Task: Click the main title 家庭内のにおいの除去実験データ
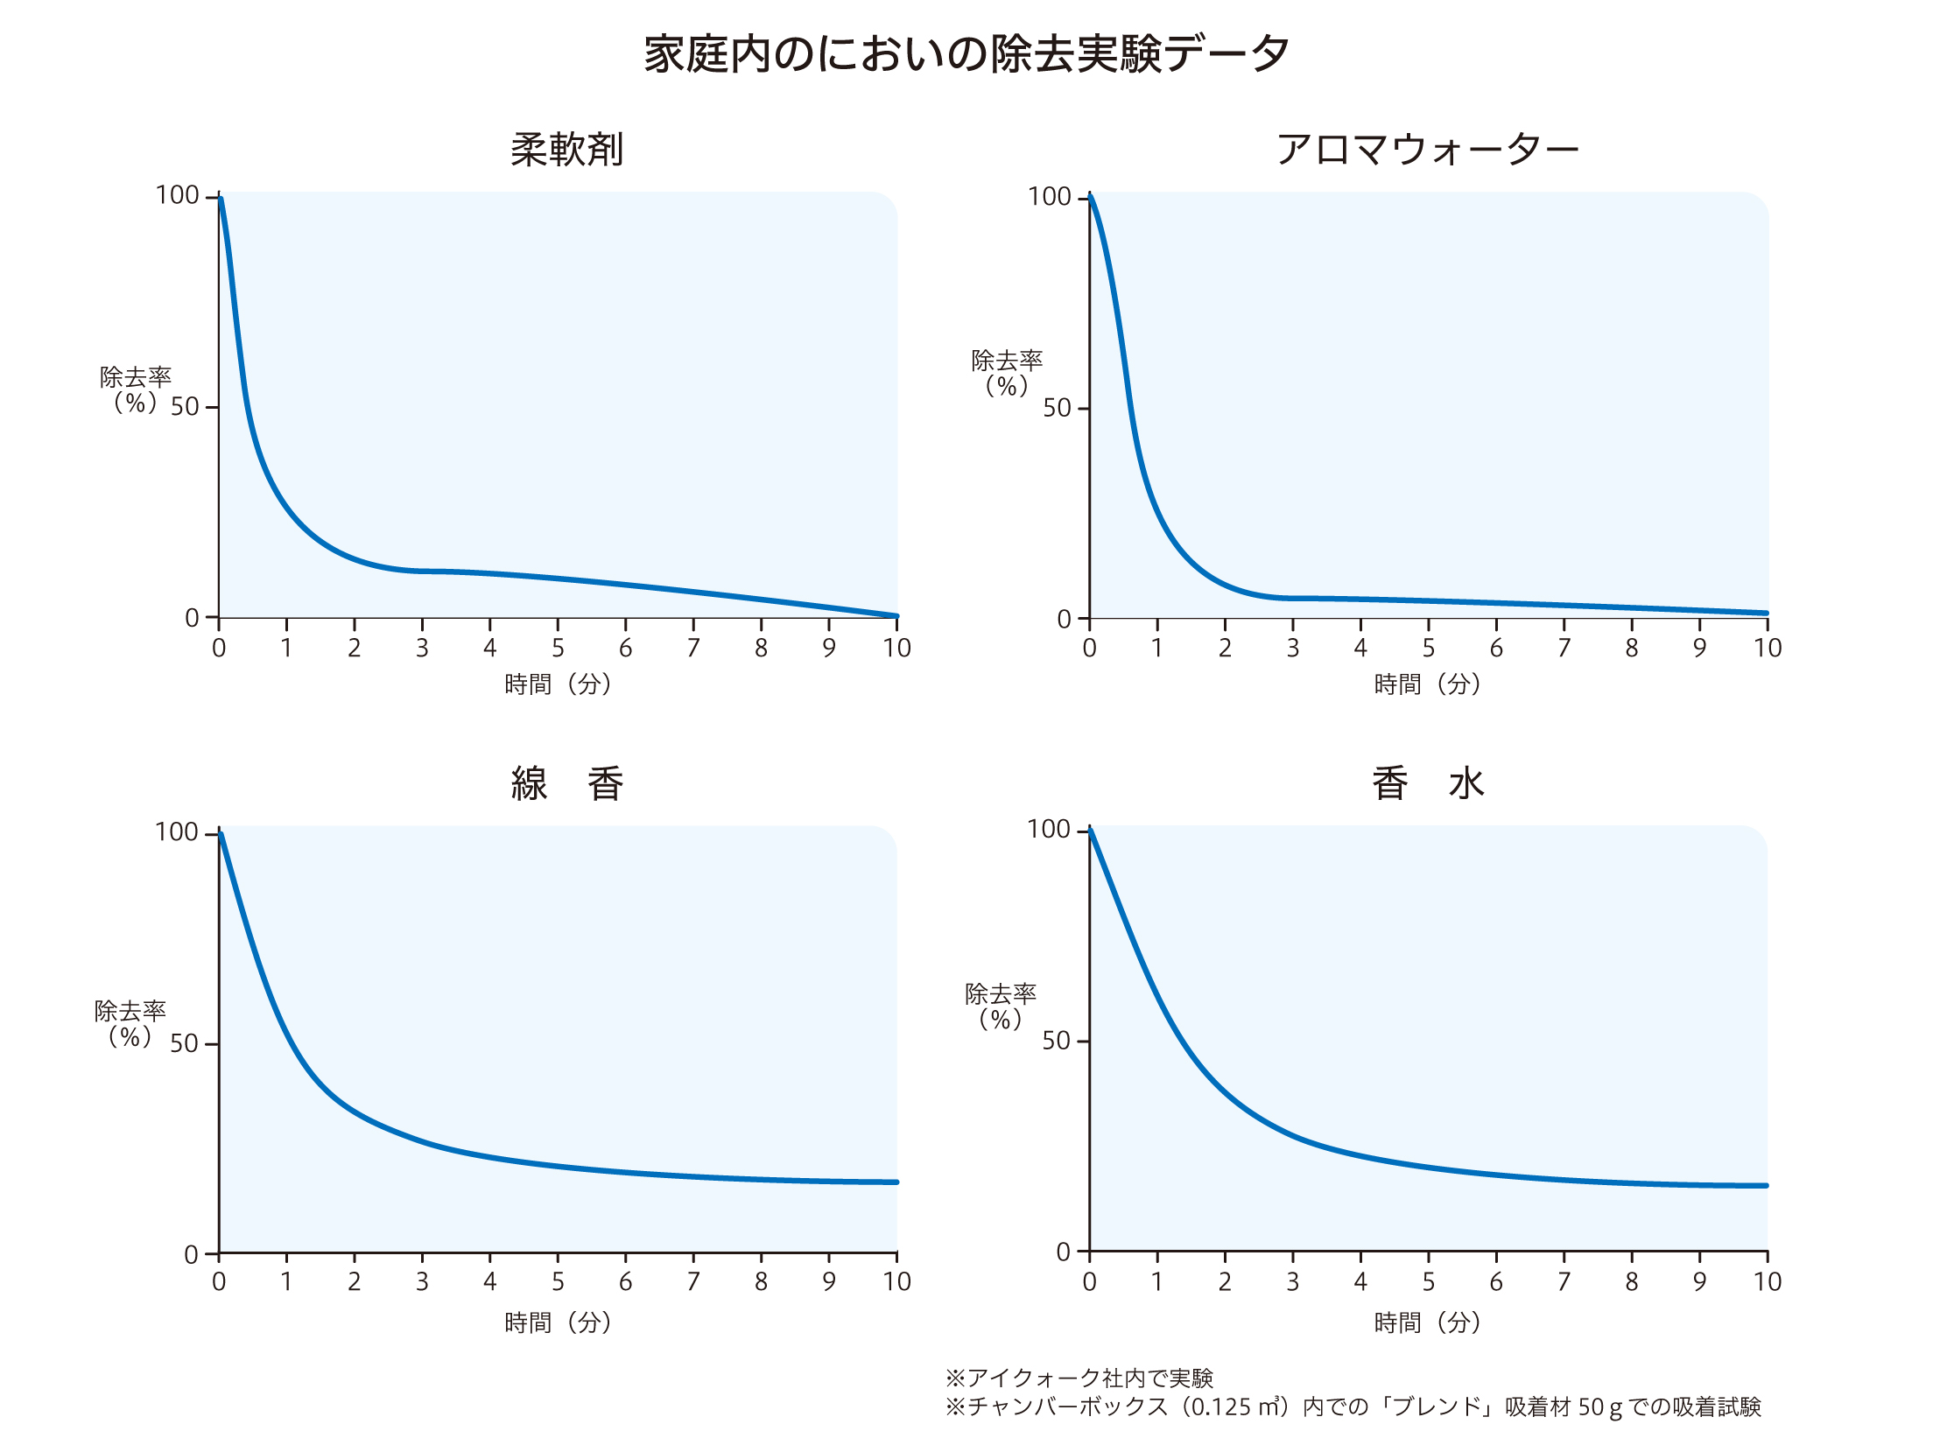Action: point(966,54)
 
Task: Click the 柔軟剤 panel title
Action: point(567,150)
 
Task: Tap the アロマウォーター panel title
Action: point(1428,150)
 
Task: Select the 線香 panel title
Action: point(567,783)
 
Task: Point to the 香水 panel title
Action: point(1428,783)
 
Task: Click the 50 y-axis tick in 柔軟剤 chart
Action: point(185,407)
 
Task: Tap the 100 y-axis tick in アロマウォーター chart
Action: point(1049,197)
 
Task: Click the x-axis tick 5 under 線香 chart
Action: point(558,1282)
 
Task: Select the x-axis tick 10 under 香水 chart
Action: point(1767,1282)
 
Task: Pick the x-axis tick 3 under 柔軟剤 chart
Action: point(422,649)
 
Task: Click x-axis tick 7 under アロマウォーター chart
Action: point(1564,649)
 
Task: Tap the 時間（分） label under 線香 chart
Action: point(558,1322)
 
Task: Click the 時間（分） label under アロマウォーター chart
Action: point(1428,684)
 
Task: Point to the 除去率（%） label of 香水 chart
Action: point(1001,1007)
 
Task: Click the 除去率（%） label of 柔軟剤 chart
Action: point(135,390)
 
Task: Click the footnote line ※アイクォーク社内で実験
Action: point(1079,1378)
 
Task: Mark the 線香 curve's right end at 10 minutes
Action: point(896,1182)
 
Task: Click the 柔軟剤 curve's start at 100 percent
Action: point(220,200)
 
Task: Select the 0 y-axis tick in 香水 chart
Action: point(1063,1252)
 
